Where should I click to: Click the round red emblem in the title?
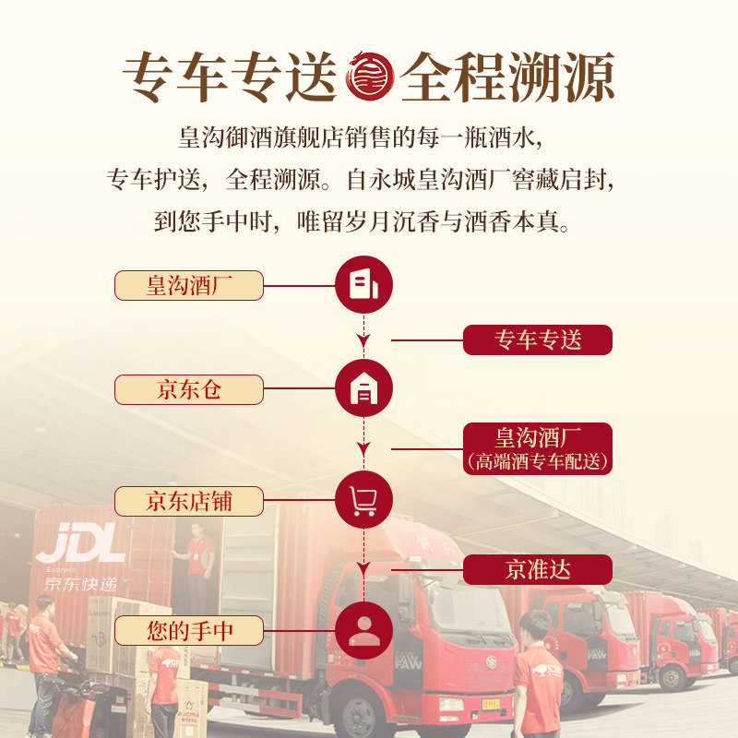(x=369, y=77)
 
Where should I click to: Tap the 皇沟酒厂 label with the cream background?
(x=189, y=285)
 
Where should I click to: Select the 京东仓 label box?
(x=189, y=389)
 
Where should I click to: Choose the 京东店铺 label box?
(x=189, y=501)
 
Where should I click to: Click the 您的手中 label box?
(x=189, y=631)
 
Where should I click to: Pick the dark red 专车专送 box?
(x=538, y=339)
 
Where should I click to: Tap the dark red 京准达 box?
(x=538, y=569)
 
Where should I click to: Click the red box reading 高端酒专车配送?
(x=538, y=449)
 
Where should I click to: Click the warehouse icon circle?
(x=363, y=389)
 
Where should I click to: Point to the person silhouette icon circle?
(x=363, y=631)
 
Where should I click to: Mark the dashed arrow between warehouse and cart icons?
(x=363, y=443)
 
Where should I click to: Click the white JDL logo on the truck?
(x=81, y=544)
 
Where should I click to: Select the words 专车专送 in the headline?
(x=231, y=77)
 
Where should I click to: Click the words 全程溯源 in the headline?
(x=507, y=77)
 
